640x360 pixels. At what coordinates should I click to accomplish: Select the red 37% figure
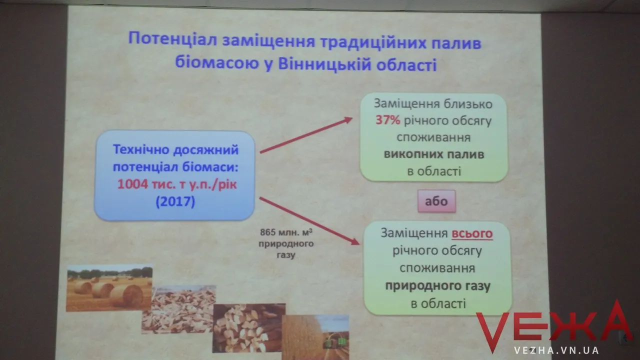387,120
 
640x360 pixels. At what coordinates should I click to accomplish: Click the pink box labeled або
436,201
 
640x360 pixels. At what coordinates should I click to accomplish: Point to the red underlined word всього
472,233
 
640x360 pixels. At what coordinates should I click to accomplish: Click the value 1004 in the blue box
132,184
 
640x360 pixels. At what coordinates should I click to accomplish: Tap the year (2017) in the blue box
175,201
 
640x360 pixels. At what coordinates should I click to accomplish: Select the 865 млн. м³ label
286,232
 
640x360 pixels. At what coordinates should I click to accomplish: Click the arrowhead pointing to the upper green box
347,119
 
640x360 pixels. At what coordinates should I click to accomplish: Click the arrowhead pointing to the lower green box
354,241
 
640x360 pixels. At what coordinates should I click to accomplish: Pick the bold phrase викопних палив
434,154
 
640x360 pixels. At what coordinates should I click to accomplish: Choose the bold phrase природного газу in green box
437,286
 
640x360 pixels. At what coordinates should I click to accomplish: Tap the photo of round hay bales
109,288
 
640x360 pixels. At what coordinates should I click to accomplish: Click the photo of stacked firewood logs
248,328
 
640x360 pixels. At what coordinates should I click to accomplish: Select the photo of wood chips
179,309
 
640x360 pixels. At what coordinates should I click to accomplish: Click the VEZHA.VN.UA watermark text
556,350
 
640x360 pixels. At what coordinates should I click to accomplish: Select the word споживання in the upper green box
433,137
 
